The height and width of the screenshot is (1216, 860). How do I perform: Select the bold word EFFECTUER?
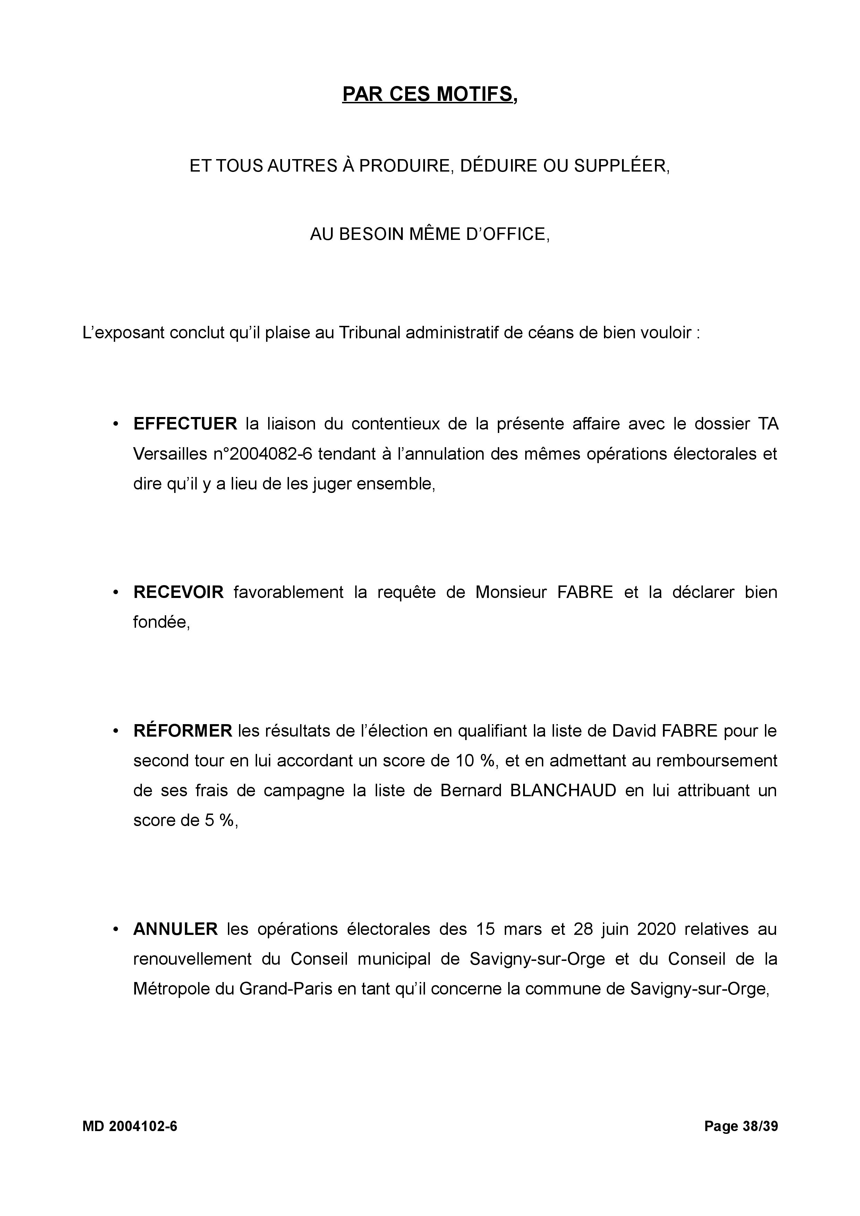pyautogui.click(x=185, y=424)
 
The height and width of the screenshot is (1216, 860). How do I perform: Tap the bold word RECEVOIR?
pyautogui.click(x=178, y=592)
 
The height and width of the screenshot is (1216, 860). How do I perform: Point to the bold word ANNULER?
pyautogui.click(x=176, y=929)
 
